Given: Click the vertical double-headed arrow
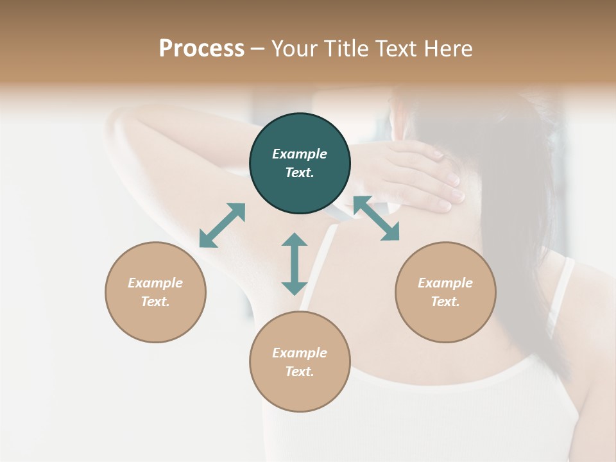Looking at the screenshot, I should coord(295,264).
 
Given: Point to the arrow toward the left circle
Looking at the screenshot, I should coord(222,225).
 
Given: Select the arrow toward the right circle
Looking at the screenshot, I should coord(376,218).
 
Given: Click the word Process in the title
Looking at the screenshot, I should coord(201,49).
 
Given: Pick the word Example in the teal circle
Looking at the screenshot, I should coord(300,154).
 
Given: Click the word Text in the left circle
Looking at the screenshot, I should coord(155,302).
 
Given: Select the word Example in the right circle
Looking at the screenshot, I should coord(445,283).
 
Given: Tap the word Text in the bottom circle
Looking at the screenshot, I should coord(300,372).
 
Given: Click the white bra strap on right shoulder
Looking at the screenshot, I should coord(560,295).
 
